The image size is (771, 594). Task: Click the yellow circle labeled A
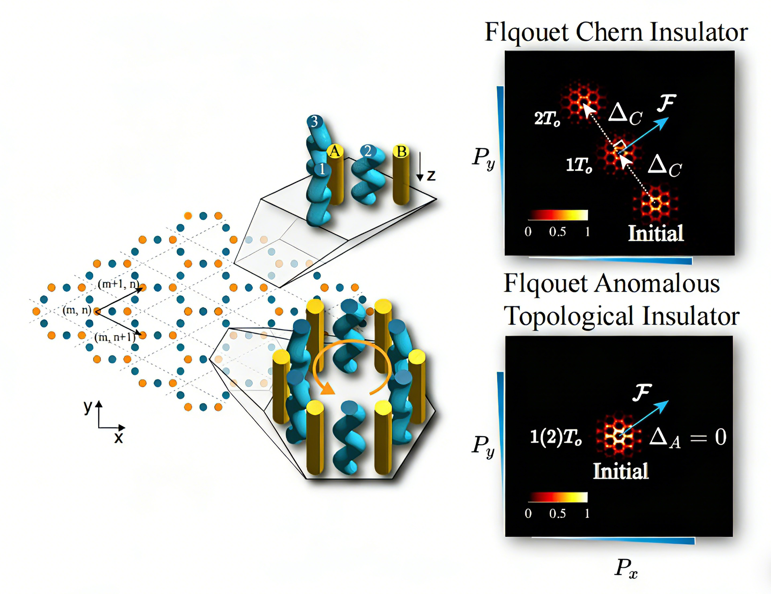335,152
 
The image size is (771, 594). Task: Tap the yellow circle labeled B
401,152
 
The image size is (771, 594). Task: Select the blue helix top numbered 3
315,121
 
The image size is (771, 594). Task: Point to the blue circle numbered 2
368,151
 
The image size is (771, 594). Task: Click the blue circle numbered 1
322,169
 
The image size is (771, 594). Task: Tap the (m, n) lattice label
76,310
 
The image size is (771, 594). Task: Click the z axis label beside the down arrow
431,176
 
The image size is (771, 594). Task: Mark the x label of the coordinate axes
118,438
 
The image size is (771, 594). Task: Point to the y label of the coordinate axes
88,407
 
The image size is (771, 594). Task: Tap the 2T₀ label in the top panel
547,118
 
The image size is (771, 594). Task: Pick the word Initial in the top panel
656,234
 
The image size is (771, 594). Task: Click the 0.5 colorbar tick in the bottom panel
557,513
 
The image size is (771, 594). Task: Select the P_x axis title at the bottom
626,568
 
